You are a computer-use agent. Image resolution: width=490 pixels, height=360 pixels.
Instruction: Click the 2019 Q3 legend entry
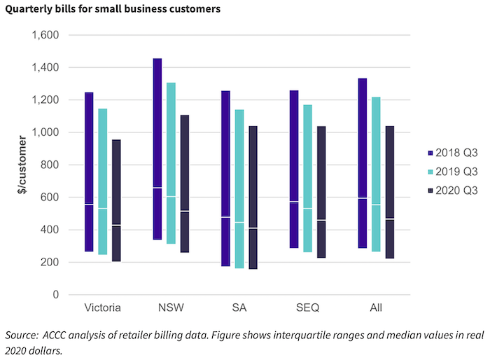(452, 171)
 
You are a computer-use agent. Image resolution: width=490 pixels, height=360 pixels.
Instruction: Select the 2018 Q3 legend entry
(452, 152)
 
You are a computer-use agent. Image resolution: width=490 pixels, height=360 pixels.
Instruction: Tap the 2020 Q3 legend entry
(452, 190)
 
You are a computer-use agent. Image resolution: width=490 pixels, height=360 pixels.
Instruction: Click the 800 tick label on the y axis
(50, 165)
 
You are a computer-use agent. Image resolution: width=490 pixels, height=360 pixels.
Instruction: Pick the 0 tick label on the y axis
(55, 295)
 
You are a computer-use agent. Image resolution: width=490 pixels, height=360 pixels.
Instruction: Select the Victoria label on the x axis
(103, 308)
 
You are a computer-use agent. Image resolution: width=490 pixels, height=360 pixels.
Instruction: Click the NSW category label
(171, 308)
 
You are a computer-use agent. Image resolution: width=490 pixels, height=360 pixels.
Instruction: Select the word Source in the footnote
(21, 335)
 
